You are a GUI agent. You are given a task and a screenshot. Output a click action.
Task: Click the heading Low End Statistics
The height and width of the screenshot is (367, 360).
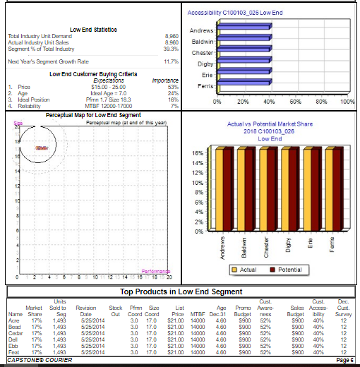pyautogui.click(x=88, y=28)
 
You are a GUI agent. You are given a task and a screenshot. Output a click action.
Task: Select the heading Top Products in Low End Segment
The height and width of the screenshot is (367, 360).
pyautogui.click(x=181, y=291)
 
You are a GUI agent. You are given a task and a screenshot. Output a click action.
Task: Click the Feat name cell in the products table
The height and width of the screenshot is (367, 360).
pyautogui.click(x=13, y=353)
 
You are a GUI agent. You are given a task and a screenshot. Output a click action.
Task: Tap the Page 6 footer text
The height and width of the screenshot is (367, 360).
pyautogui.click(x=344, y=361)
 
